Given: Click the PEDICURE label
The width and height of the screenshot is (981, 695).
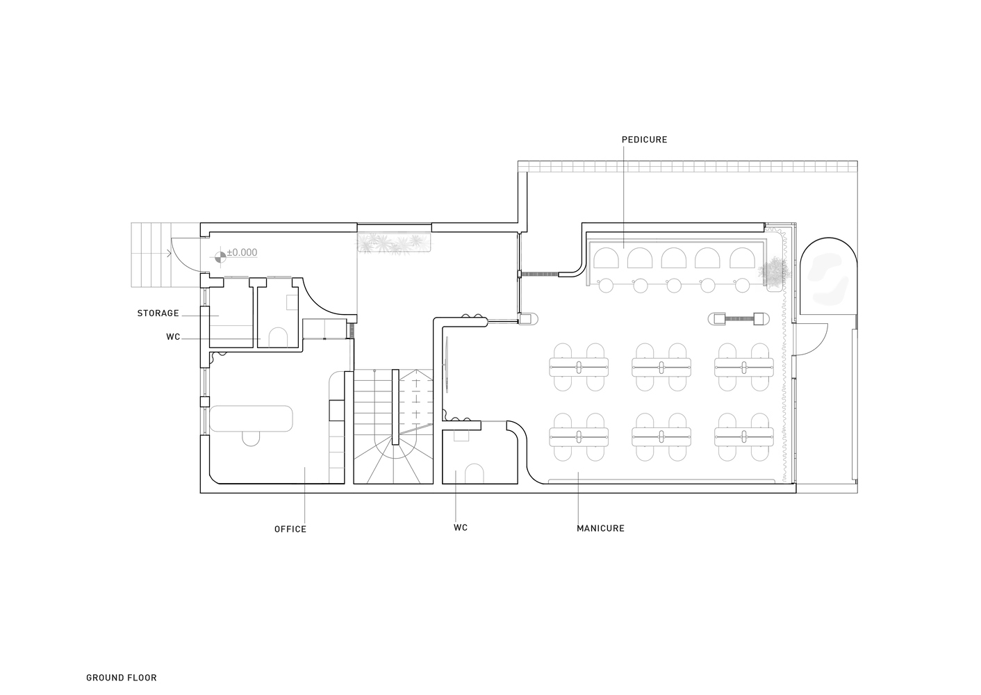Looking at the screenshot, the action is [644, 140].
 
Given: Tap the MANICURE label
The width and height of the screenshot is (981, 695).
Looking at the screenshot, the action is [600, 528].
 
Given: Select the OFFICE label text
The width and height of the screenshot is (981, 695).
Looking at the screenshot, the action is [290, 530].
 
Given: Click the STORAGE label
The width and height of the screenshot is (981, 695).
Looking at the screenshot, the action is [158, 313].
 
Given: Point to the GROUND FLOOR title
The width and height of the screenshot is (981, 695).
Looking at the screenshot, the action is [122, 678].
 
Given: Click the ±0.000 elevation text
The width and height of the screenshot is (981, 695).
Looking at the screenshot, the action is [242, 252].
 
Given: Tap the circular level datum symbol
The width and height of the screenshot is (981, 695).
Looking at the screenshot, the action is [220, 256].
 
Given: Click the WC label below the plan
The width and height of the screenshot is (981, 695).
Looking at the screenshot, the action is [461, 528].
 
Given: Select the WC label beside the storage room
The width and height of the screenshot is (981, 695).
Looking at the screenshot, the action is [173, 337].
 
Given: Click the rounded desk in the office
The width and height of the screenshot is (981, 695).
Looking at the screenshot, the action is [252, 418].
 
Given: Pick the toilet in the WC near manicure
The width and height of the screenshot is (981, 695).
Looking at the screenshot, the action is [474, 474].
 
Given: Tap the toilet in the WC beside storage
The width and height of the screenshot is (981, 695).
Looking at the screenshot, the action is [278, 337].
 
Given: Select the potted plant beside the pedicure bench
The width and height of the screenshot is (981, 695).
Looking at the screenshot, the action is [774, 272].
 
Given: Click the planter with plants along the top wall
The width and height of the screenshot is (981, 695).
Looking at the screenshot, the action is [394, 243].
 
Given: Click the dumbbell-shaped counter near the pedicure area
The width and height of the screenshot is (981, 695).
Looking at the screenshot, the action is [739, 318].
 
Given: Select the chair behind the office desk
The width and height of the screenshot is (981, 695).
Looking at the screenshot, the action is [251, 439].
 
